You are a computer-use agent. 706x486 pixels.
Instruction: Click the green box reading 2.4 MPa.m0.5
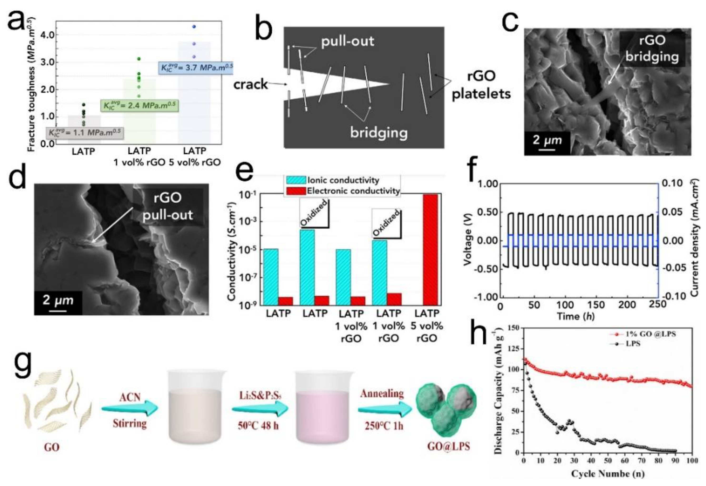click(139, 106)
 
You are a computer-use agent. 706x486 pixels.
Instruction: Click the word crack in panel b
click(250, 84)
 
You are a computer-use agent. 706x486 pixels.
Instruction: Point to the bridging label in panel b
click(378, 133)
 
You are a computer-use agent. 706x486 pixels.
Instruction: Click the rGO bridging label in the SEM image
click(652, 49)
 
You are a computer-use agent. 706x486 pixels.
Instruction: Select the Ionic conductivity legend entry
click(333, 180)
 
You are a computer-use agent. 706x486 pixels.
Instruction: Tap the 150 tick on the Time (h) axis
click(596, 305)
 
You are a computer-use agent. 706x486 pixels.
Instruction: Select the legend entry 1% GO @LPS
click(643, 334)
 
